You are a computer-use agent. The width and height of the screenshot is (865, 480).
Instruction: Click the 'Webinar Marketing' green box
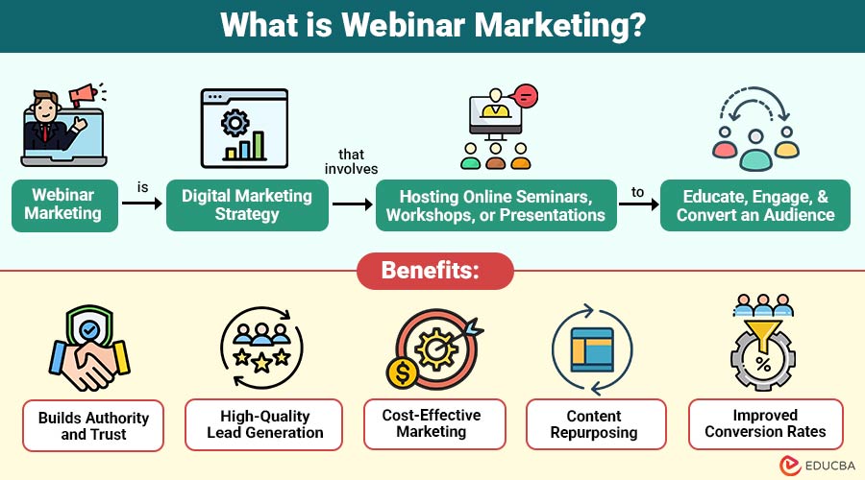64,205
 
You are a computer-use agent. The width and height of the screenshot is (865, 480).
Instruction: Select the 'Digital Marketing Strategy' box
247,205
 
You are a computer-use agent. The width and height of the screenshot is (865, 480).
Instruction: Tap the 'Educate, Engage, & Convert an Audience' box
755,205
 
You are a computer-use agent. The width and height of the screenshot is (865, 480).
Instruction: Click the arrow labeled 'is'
142,204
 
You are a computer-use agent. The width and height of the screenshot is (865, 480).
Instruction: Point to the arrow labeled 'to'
639,204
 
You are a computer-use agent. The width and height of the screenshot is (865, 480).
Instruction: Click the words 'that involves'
352,161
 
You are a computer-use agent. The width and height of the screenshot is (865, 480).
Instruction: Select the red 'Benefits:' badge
435,271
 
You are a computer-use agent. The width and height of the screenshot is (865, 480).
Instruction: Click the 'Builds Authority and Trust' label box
93,425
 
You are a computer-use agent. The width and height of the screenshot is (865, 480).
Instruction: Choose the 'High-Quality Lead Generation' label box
263,424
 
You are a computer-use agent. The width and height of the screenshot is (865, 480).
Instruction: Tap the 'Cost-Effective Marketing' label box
434,423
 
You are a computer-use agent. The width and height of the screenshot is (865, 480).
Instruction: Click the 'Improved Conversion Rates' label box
766,423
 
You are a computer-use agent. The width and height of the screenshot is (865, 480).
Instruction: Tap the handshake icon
89,364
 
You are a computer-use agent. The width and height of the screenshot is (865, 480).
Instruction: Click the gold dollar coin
403,372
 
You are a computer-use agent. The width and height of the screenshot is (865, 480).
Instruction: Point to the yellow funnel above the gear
763,334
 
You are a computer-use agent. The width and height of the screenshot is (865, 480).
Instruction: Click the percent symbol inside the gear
763,364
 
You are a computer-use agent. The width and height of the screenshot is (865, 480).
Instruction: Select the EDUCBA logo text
830,466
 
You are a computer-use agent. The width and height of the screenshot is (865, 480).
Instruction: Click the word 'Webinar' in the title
404,25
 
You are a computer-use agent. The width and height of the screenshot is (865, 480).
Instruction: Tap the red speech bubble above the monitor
525,97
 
